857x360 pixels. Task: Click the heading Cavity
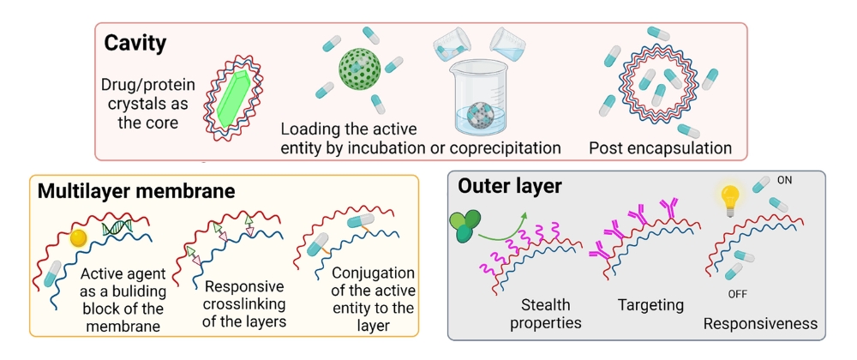tap(135, 43)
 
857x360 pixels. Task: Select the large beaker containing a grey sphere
tap(479, 97)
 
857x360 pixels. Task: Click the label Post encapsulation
tap(660, 148)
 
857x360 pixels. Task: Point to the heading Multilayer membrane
tap(136, 192)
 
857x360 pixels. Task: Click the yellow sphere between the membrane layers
tap(80, 238)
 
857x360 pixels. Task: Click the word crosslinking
tap(244, 303)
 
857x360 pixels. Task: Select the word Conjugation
tap(374, 273)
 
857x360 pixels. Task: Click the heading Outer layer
tap(509, 187)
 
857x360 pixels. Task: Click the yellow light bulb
tap(729, 200)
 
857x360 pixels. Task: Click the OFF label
tap(737, 295)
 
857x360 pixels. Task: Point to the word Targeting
tap(650, 305)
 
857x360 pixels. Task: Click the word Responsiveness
tap(760, 323)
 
